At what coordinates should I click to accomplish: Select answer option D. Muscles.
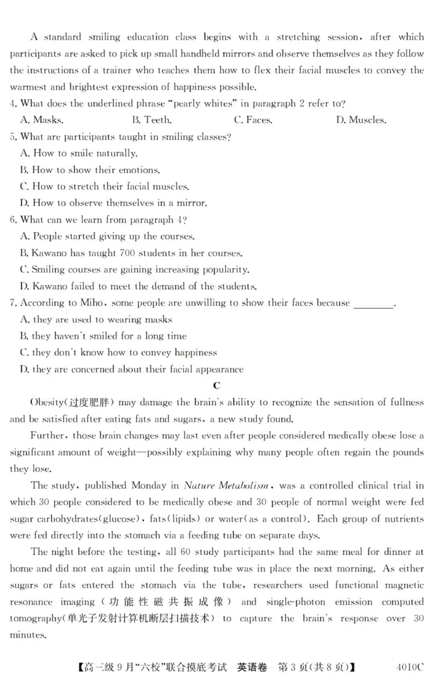tap(361, 120)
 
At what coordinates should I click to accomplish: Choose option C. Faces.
tap(253, 120)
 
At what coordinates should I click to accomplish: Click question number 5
tap(13, 137)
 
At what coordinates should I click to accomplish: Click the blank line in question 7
tap(373, 303)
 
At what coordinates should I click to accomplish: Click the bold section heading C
tap(216, 386)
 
